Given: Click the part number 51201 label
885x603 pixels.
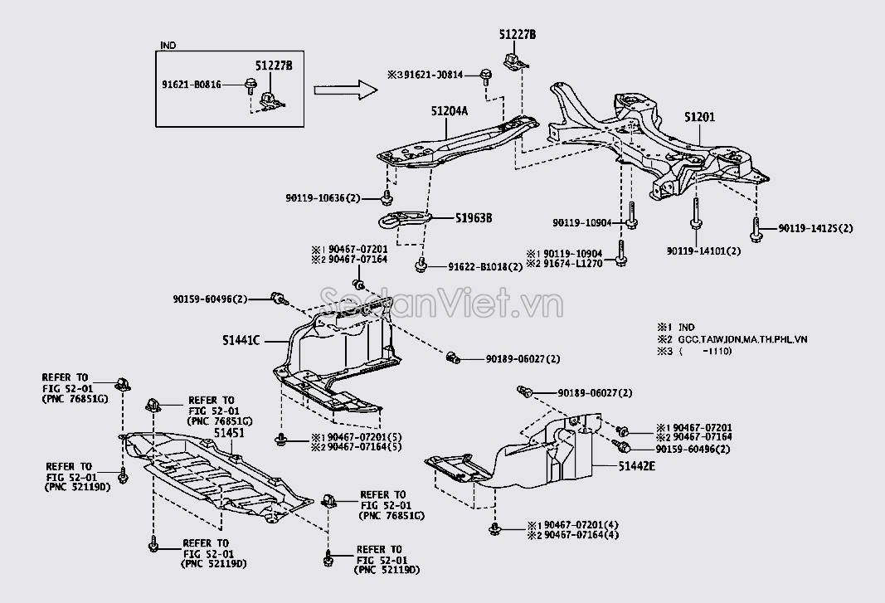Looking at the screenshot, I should tap(699, 117).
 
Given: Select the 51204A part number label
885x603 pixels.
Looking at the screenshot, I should tap(450, 110).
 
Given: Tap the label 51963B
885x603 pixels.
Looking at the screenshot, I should tap(474, 218).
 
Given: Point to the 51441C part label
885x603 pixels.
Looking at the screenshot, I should tap(241, 340).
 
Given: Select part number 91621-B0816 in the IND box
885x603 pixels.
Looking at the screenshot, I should tap(192, 85).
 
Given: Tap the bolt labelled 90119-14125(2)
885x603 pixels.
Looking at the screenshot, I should tap(756, 224).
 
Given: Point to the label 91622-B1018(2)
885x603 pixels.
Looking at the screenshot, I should tap(485, 267).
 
